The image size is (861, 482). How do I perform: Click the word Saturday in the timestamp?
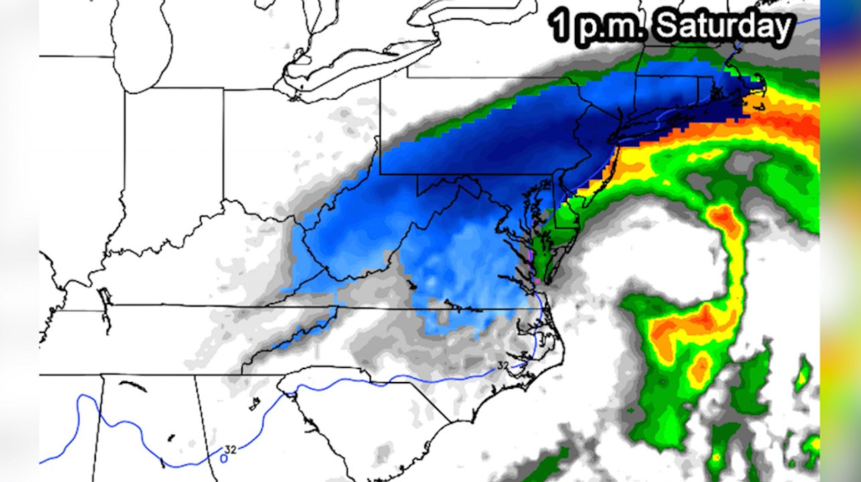tap(724, 27)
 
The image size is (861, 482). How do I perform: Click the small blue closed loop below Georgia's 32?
tap(224, 459)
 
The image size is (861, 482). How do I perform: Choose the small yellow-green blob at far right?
tap(802, 376)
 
